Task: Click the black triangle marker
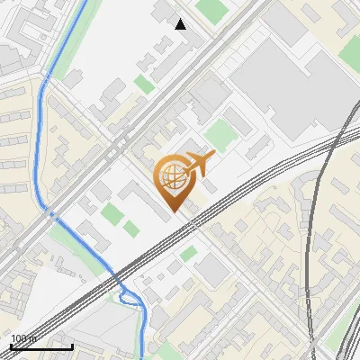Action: pyautogui.click(x=181, y=24)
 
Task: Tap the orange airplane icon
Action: pyautogui.click(x=197, y=165)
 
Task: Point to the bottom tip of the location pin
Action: pyautogui.click(x=174, y=211)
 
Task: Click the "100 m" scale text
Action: pyautogui.click(x=24, y=338)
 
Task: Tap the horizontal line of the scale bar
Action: pyautogui.click(x=41, y=346)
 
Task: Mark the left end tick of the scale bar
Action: pyautogui.click(x=11, y=345)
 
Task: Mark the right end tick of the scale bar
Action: pyautogui.click(x=72, y=345)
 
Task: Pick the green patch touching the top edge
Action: pyautogui.click(x=212, y=10)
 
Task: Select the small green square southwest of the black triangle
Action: pyautogui.click(x=144, y=85)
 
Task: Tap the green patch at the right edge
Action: pyautogui.click(x=350, y=332)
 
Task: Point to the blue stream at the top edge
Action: pyautogui.click(x=85, y=4)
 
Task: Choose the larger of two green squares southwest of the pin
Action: pyautogui.click(x=111, y=215)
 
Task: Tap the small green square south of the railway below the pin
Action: pyautogui.click(x=188, y=254)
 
